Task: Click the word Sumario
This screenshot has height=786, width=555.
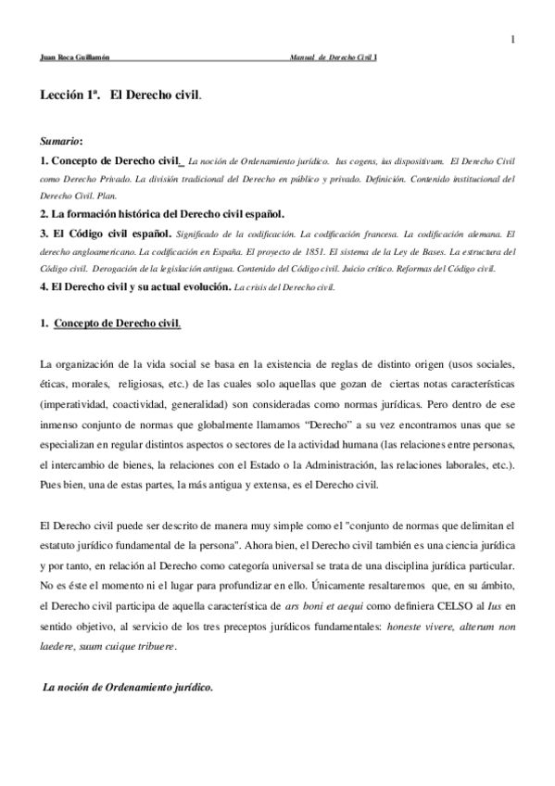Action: (60, 142)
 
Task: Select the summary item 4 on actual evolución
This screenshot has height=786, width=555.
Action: (135, 287)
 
